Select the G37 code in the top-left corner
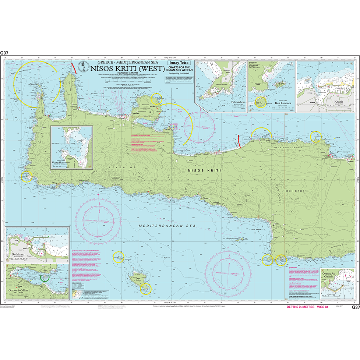point(4,53)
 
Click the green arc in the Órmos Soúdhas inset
point(45,278)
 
